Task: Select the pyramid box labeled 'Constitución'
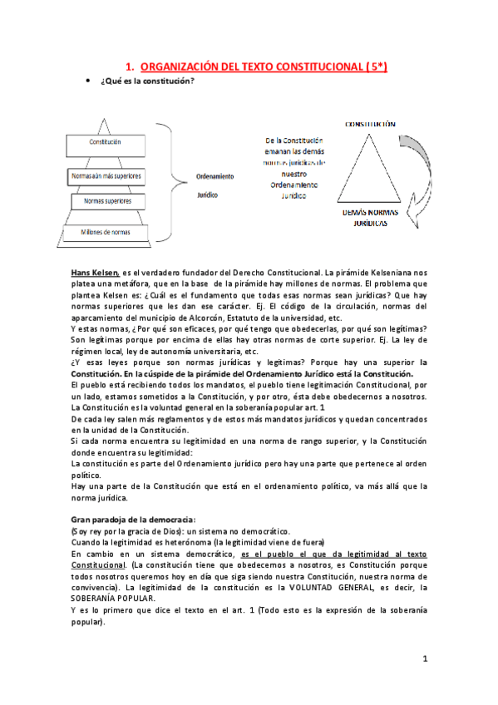(x=106, y=142)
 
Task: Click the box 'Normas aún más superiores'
(x=106, y=176)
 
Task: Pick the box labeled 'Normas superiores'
(x=106, y=201)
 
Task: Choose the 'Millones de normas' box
(x=106, y=232)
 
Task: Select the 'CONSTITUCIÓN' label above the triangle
(x=370, y=123)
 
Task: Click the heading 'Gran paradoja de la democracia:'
(x=132, y=519)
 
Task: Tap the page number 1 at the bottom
(x=424, y=659)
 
